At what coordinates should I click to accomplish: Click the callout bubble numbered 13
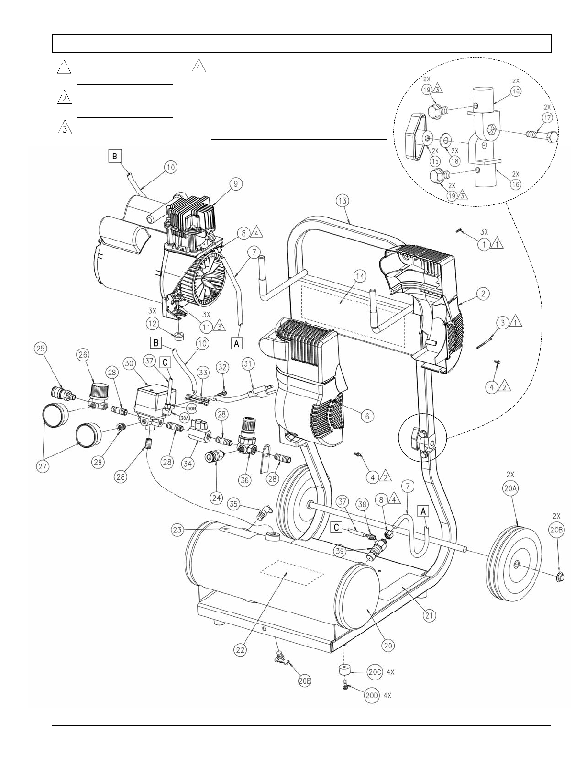pos(343,201)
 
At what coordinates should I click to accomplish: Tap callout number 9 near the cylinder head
pos(236,184)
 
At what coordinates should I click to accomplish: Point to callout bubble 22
pos(241,650)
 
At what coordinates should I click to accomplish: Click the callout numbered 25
pos(41,349)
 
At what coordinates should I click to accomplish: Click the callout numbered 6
pos(367,416)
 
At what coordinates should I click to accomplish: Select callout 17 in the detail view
pos(547,118)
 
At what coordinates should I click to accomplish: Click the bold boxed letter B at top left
pos(115,157)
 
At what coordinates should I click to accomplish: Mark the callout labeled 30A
pos(185,417)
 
